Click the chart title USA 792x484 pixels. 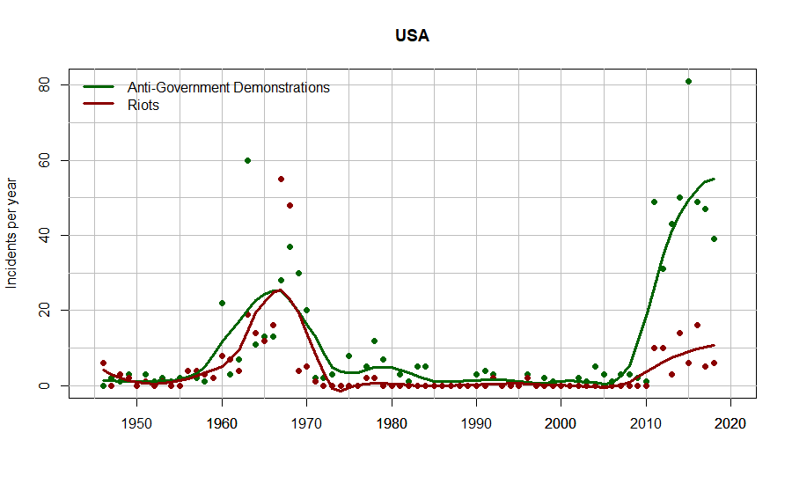click(412, 36)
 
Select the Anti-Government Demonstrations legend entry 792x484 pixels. click(228, 87)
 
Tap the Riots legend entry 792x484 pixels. click(143, 105)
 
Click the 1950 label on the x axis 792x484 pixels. click(136, 423)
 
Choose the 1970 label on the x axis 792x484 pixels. click(306, 423)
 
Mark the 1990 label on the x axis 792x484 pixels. click(476, 423)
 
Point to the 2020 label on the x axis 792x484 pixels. click(731, 423)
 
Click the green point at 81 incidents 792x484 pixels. click(688, 82)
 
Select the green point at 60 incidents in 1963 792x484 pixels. click(247, 160)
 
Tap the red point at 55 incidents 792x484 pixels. click(281, 179)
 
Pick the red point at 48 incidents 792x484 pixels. click(290, 205)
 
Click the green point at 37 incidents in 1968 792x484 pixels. click(290, 246)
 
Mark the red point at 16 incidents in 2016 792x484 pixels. click(697, 326)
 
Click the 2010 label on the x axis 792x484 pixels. click(646, 423)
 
